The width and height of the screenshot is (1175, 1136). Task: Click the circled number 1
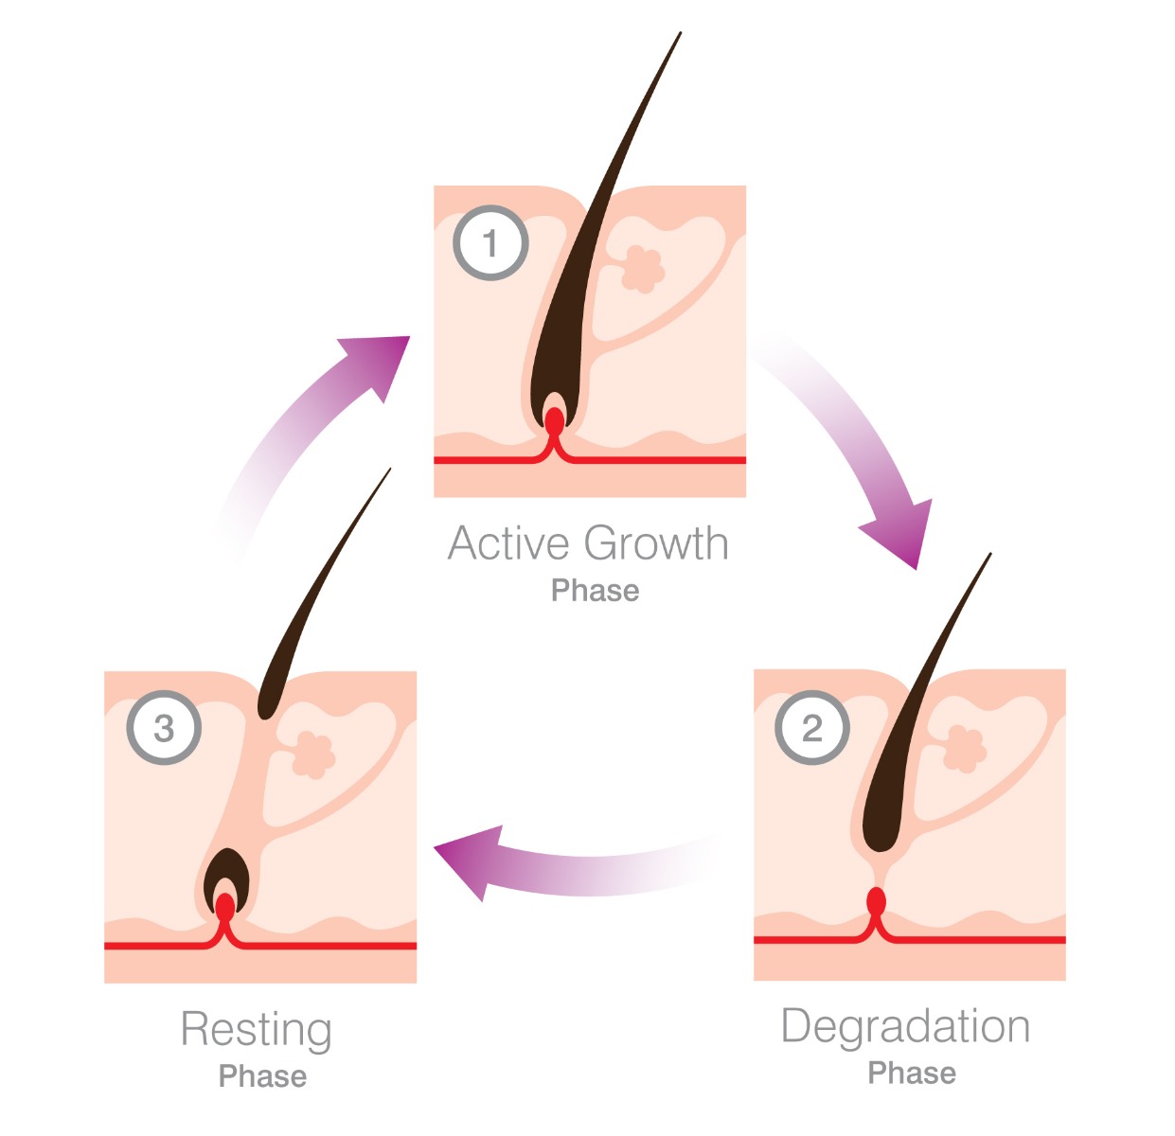point(490,242)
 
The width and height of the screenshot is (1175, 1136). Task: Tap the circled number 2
point(811,727)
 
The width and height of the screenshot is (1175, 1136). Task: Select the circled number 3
point(164,727)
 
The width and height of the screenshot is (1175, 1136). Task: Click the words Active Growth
point(588,544)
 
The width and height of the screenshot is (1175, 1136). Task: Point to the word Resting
point(256,1030)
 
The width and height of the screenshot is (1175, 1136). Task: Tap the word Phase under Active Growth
point(595,591)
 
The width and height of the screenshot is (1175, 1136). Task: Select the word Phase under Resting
point(262,1076)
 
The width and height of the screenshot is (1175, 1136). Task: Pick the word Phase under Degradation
point(912,1073)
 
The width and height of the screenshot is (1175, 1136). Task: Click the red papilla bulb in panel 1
point(554,420)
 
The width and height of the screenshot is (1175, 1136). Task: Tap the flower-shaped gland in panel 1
point(643,269)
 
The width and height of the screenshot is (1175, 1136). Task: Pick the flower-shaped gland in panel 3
point(312,754)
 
